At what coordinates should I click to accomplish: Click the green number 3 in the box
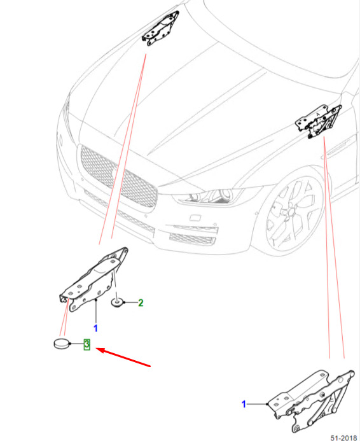(87, 344)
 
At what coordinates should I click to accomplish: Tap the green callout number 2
(141, 303)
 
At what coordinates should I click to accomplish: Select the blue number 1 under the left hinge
(95, 328)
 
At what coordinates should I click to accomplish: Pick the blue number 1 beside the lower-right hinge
(244, 404)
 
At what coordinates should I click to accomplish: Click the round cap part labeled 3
(62, 344)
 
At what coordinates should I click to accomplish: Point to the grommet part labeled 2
(116, 303)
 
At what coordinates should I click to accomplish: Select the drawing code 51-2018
(343, 438)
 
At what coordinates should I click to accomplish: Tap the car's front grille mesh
(118, 176)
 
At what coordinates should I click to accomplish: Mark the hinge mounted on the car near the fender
(319, 121)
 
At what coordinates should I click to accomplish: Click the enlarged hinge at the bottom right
(311, 402)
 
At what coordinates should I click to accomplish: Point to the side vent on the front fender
(336, 148)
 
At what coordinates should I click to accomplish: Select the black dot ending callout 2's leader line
(124, 302)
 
